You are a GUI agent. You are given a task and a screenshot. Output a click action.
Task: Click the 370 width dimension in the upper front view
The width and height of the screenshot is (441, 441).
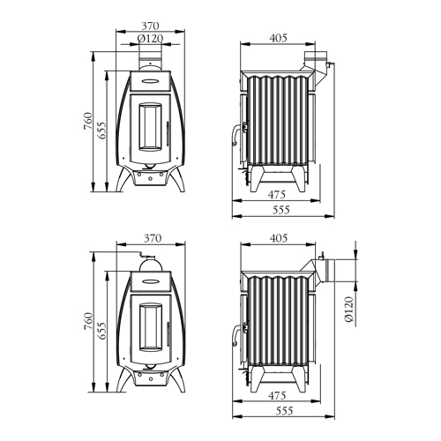coord(150,26)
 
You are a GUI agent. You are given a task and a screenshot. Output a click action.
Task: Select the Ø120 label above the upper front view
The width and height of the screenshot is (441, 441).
coord(150,39)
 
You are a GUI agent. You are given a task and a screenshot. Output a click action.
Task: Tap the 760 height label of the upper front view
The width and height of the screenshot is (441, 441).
coord(88,121)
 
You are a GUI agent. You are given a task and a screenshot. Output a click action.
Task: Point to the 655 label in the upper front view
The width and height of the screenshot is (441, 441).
coord(101,131)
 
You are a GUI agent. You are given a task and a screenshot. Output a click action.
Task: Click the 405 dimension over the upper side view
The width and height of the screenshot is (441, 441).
coord(278,38)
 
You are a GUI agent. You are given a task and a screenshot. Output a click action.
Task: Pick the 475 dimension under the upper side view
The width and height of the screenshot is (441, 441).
coord(277,194)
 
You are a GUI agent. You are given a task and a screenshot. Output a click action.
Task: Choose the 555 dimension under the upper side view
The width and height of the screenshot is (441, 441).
coord(281,210)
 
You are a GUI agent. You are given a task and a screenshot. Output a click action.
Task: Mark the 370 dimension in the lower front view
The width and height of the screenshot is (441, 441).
coord(153,238)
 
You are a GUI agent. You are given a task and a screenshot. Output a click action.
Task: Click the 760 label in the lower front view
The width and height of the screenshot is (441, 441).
coord(88,321)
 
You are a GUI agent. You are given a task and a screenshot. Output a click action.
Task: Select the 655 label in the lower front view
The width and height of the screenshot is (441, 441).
coord(101,331)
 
